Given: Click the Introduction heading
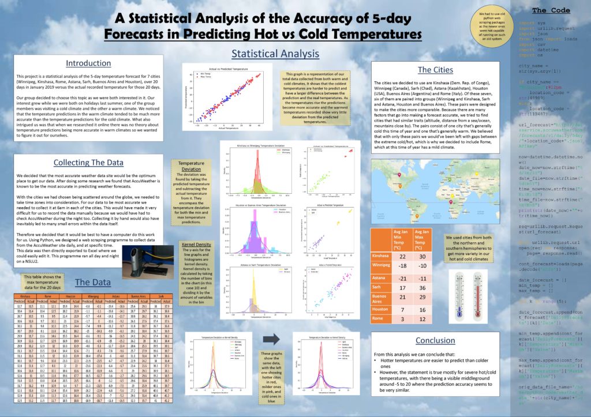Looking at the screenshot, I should (x=92, y=63).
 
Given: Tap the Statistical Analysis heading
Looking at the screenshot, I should (x=275, y=54).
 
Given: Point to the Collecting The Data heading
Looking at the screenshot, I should (x=92, y=163).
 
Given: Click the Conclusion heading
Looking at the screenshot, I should (x=435, y=340).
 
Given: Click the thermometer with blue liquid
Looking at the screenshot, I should (x=458, y=294).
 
